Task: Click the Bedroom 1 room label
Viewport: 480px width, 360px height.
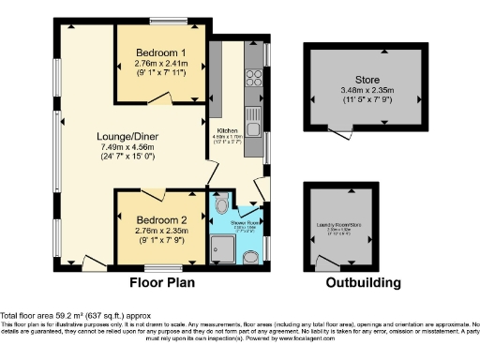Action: [159, 52]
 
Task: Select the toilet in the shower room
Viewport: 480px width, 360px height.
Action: [222, 204]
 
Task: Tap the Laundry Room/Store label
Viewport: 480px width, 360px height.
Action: [340, 226]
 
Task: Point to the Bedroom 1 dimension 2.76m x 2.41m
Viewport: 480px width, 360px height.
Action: [159, 63]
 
